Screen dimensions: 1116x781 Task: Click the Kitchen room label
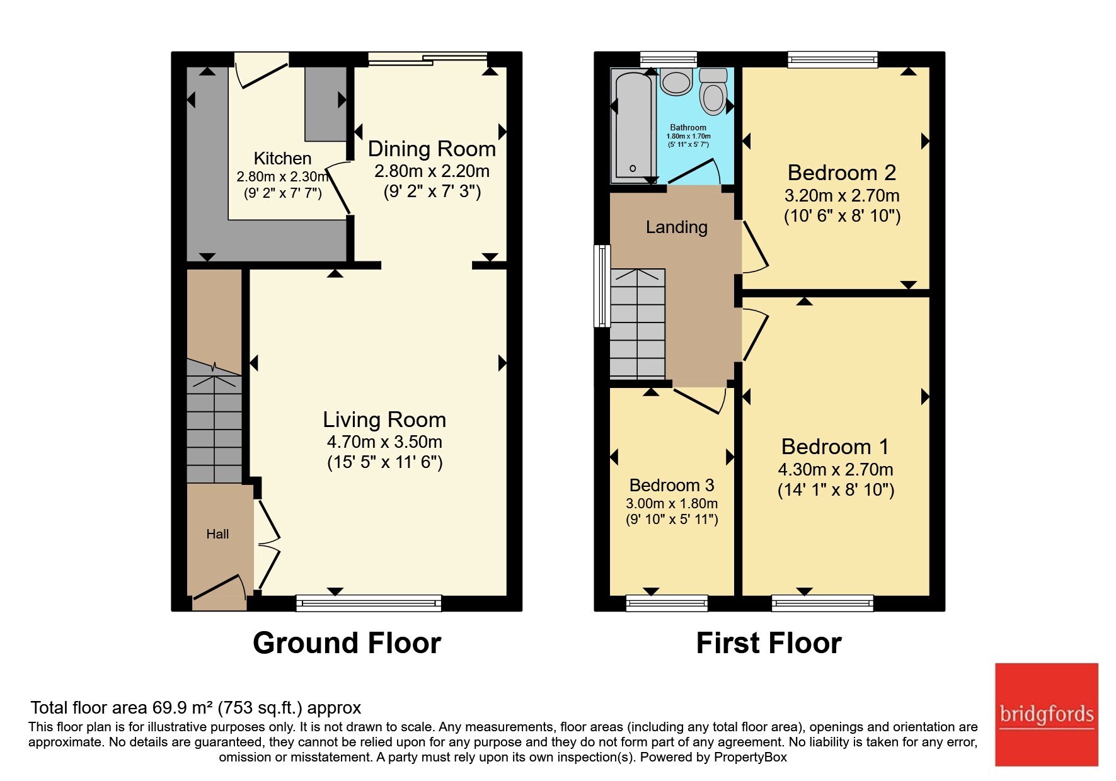[x=282, y=158]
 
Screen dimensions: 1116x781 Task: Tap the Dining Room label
[x=432, y=149]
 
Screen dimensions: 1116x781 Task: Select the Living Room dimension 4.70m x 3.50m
[x=384, y=442]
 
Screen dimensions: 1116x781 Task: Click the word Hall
[x=217, y=534]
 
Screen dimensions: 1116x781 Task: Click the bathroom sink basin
[x=676, y=82]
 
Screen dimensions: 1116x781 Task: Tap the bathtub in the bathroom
[x=633, y=126]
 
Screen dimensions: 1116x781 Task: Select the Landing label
[x=676, y=227]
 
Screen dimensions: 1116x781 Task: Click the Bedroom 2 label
[x=842, y=172]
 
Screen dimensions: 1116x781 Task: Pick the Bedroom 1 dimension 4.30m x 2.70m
[x=836, y=469]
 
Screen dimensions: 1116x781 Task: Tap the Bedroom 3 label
[x=672, y=485]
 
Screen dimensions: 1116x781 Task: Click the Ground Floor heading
[x=347, y=643]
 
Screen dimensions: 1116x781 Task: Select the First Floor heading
[x=769, y=643]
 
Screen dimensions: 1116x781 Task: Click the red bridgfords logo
[x=1047, y=715]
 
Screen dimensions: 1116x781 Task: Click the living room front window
[x=369, y=603]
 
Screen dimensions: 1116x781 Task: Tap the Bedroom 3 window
[x=667, y=603]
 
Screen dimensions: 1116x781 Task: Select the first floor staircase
[x=638, y=324]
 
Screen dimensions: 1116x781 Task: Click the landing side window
[x=602, y=286]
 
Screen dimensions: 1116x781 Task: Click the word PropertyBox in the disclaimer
[x=751, y=758]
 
